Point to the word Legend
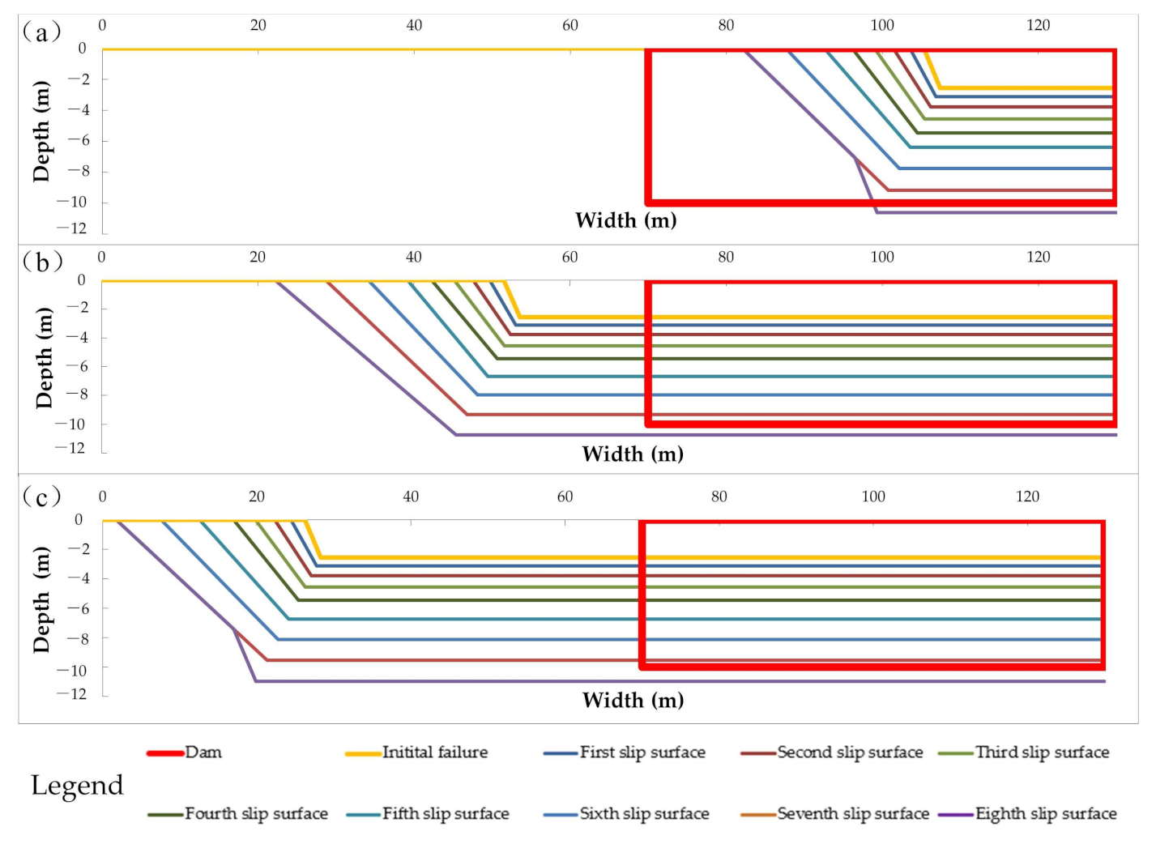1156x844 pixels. [x=77, y=785]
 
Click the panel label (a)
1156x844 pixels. [x=41, y=32]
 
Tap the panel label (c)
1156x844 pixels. [x=41, y=496]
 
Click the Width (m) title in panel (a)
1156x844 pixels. [x=625, y=220]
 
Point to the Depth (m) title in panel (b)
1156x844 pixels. [x=44, y=357]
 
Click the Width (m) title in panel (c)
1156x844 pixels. [x=633, y=700]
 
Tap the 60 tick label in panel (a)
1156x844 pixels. [x=570, y=25]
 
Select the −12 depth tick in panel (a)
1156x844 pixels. [x=73, y=228]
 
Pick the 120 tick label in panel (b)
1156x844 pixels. [x=1038, y=257]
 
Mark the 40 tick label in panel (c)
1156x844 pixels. [x=411, y=497]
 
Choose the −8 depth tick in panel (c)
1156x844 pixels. [x=74, y=639]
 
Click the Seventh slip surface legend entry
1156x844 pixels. [x=852, y=814]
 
